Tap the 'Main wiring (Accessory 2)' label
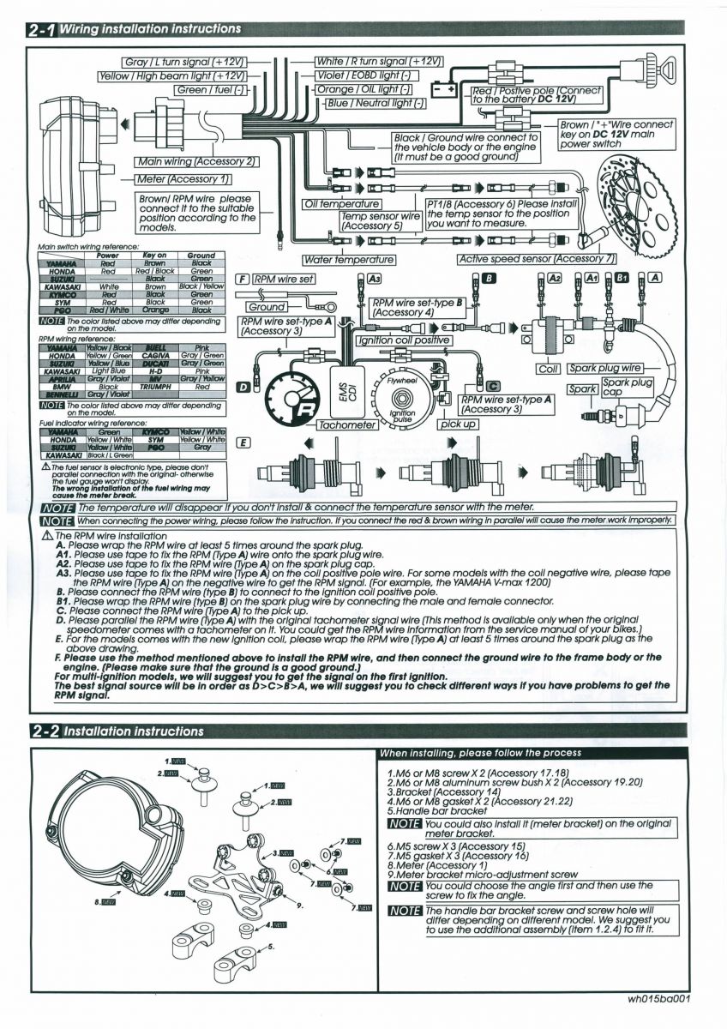click(x=196, y=161)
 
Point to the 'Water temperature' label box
click(x=349, y=259)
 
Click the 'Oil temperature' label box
click(x=341, y=204)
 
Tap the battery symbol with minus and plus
click(x=444, y=89)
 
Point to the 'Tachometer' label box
click(x=347, y=424)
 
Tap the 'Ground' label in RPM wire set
click(x=267, y=307)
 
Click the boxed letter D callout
click(x=243, y=388)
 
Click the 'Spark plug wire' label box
click(x=606, y=369)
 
